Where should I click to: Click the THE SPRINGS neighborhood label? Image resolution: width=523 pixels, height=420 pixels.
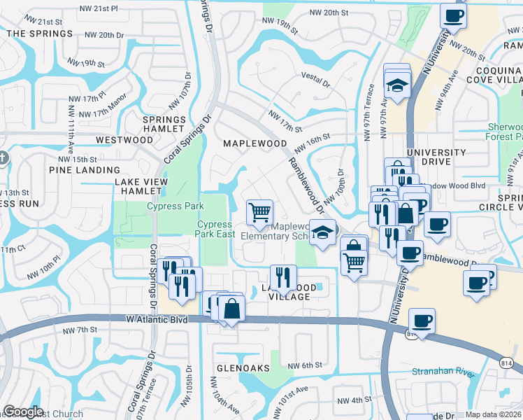(40, 34)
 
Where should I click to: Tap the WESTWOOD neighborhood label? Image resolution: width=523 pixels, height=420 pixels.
(124, 140)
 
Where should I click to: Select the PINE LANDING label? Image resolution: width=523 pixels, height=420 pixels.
(85, 170)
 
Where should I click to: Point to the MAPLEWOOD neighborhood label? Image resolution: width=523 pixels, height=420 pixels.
(255, 143)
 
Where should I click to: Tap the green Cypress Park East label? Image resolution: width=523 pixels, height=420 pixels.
(215, 230)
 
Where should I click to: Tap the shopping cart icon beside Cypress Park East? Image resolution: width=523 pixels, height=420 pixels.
(259, 212)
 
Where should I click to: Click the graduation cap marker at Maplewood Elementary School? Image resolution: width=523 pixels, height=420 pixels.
(322, 233)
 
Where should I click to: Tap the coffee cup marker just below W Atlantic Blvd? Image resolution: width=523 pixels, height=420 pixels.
(422, 322)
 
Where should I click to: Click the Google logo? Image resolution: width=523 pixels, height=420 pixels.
(23, 412)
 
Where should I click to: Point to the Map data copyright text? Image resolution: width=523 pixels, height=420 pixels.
(494, 414)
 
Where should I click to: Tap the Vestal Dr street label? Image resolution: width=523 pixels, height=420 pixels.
(315, 79)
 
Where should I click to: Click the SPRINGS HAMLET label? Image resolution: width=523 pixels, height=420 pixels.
(164, 125)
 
